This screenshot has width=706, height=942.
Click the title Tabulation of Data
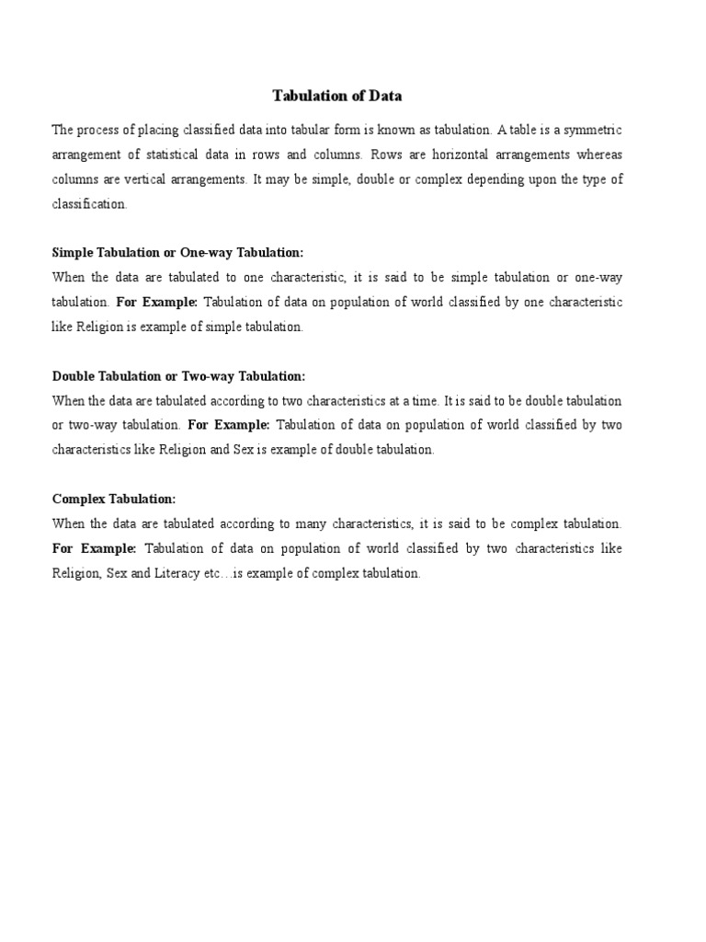click(x=337, y=96)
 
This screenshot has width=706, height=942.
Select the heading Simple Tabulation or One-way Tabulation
click(x=177, y=252)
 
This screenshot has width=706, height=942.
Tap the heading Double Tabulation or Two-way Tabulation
click(x=178, y=376)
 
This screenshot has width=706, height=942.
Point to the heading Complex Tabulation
click(x=113, y=499)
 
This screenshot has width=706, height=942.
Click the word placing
click(x=165, y=130)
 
